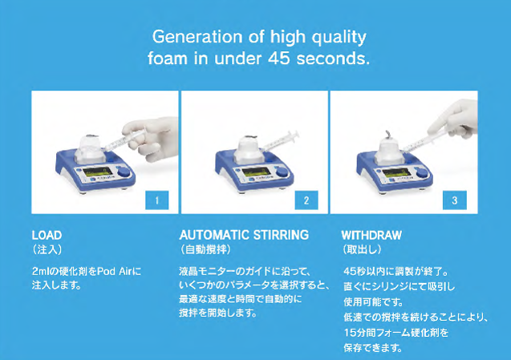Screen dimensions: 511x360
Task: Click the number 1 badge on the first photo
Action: [x=157, y=200]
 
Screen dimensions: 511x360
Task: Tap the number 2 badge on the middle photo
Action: [x=306, y=200]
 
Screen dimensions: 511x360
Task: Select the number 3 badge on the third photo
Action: [x=455, y=200]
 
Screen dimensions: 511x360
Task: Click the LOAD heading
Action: [x=47, y=235]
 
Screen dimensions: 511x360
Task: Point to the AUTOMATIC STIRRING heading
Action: [x=244, y=235]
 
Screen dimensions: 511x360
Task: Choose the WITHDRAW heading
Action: [x=371, y=235]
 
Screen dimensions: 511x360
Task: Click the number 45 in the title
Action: [x=279, y=59]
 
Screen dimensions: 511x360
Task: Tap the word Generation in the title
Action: [x=197, y=37]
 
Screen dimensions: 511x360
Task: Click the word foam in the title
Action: [x=168, y=59]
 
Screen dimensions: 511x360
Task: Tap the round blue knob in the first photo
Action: [x=124, y=172]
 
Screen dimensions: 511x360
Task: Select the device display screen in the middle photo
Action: [x=257, y=172]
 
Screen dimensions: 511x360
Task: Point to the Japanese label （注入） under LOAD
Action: [x=47, y=249]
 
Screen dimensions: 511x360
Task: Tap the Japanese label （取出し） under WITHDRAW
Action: [x=362, y=249]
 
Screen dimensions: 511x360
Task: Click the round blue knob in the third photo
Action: [x=421, y=172]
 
